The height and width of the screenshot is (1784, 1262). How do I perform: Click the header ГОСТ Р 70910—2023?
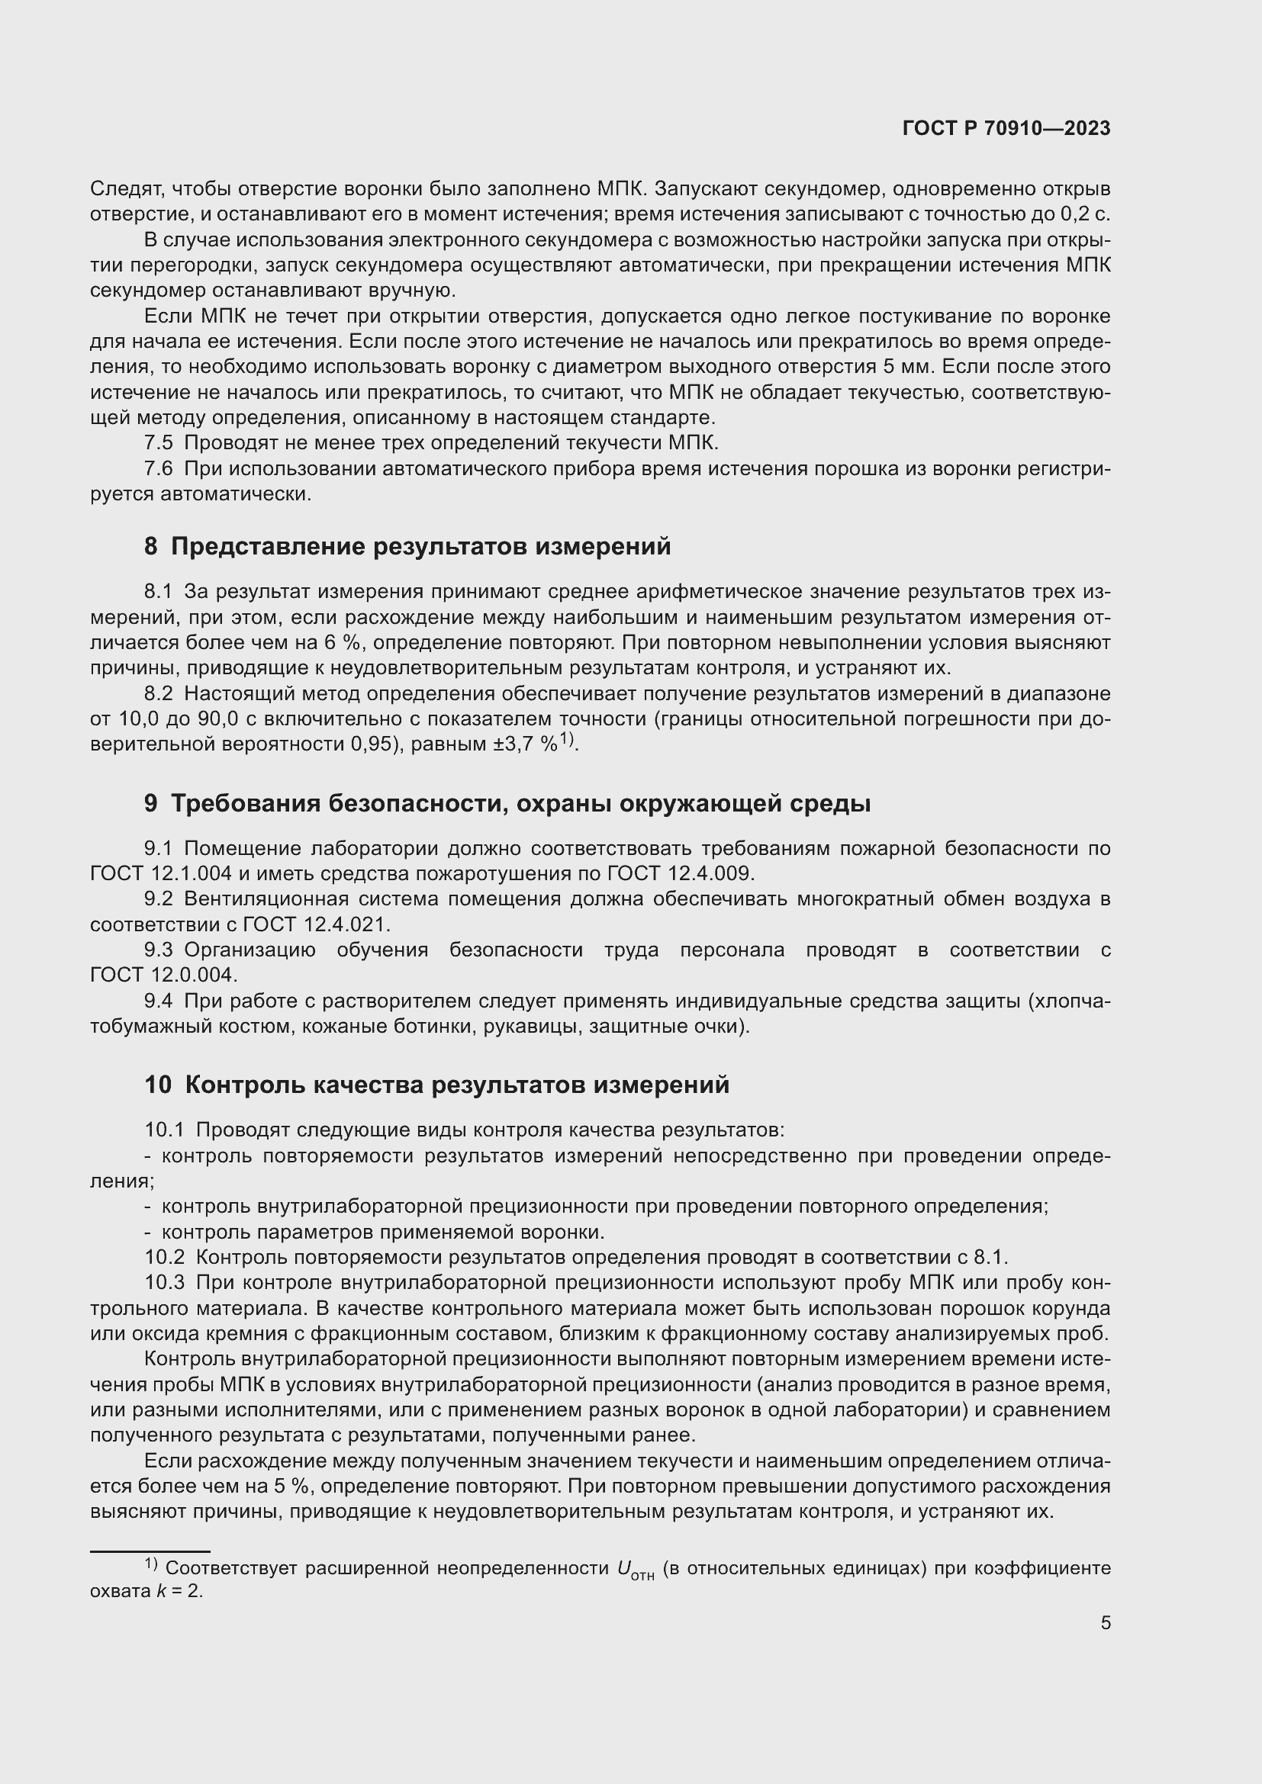1006,129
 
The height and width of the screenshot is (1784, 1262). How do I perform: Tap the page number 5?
1105,1623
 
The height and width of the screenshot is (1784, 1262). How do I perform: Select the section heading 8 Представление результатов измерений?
407,546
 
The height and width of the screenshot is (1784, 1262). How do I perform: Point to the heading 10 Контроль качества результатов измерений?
436,1084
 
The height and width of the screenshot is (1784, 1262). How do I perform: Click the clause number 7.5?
159,443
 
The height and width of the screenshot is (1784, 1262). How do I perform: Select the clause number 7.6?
159,468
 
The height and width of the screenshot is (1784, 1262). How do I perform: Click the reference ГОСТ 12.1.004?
161,873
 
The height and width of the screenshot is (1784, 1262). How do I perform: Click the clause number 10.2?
165,1257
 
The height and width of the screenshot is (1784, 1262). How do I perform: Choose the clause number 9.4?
159,1001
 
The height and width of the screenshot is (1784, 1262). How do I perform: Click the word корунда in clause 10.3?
1069,1308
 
